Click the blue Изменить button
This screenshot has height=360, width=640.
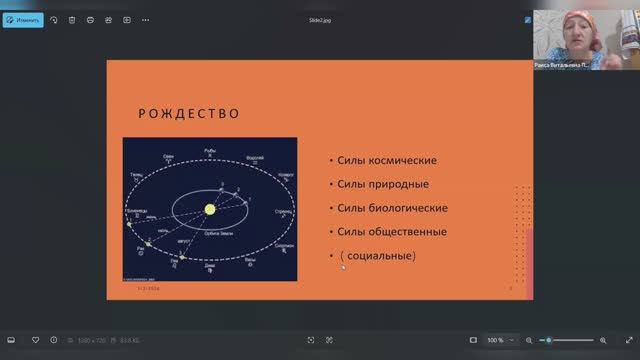pyautogui.click(x=22, y=19)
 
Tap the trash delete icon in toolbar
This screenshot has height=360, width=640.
pyautogui.click(x=71, y=19)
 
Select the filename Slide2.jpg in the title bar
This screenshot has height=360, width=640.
pyautogui.click(x=320, y=19)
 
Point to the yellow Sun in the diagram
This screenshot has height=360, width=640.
pyautogui.click(x=211, y=208)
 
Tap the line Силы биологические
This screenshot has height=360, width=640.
pyautogui.click(x=391, y=208)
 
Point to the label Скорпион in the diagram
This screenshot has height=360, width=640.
pyautogui.click(x=284, y=244)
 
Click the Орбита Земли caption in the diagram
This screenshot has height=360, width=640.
pyautogui.click(x=212, y=232)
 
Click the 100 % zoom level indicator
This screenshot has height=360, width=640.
pyautogui.click(x=495, y=340)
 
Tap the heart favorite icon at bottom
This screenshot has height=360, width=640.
pyautogui.click(x=36, y=340)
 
